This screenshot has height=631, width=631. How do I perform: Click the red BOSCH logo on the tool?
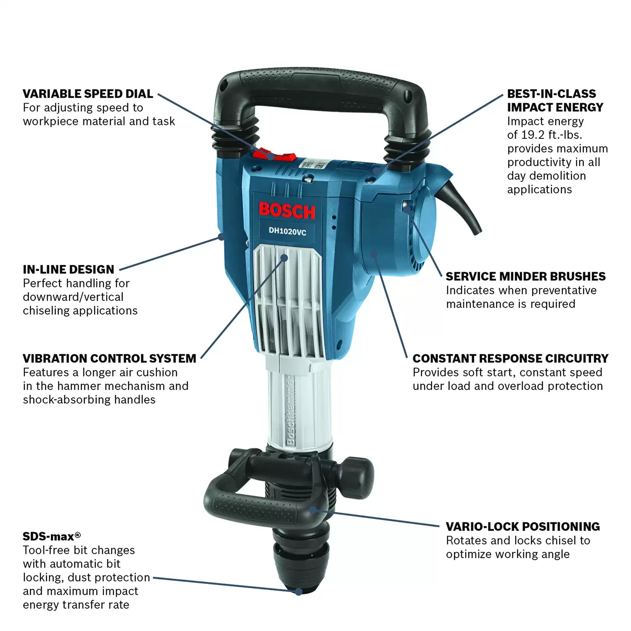pos(286,211)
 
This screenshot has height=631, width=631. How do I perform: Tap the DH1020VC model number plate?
pos(288,231)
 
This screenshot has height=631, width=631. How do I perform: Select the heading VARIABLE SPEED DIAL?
pos(88,94)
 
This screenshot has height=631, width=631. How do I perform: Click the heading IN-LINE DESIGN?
pos(69,269)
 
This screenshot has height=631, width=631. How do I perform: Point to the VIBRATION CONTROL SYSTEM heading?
pos(109,358)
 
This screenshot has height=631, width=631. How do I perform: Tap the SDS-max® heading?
pos(51,536)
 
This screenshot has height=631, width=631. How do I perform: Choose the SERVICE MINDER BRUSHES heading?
pos(525,276)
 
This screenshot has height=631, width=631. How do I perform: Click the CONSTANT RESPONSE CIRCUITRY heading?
pos(510,358)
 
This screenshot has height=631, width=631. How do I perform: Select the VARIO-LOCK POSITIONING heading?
pos(522,527)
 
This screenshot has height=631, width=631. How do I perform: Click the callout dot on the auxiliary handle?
pos(313,510)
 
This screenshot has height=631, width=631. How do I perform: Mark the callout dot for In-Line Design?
pos(220,237)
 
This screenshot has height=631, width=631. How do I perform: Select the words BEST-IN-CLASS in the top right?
pos(551,94)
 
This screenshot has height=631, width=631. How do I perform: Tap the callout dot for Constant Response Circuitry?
pos(373,254)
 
